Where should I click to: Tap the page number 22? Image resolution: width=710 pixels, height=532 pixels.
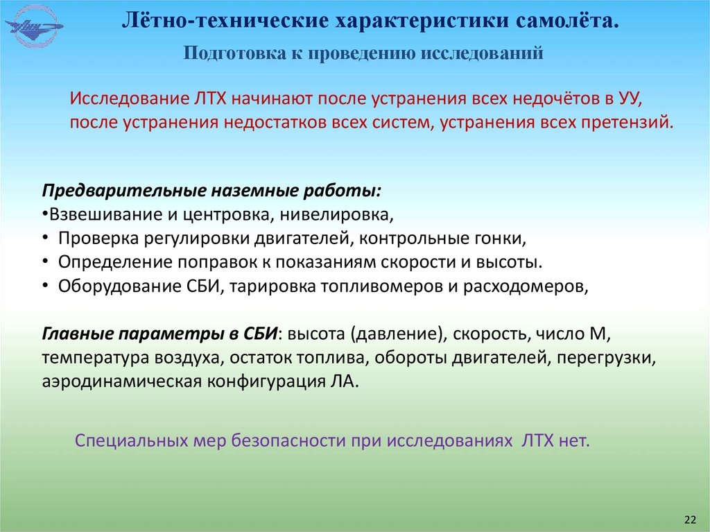point(689,520)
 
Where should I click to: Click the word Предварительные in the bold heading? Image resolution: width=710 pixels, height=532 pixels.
point(114,191)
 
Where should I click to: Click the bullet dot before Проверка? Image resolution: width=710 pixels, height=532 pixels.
point(45,239)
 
